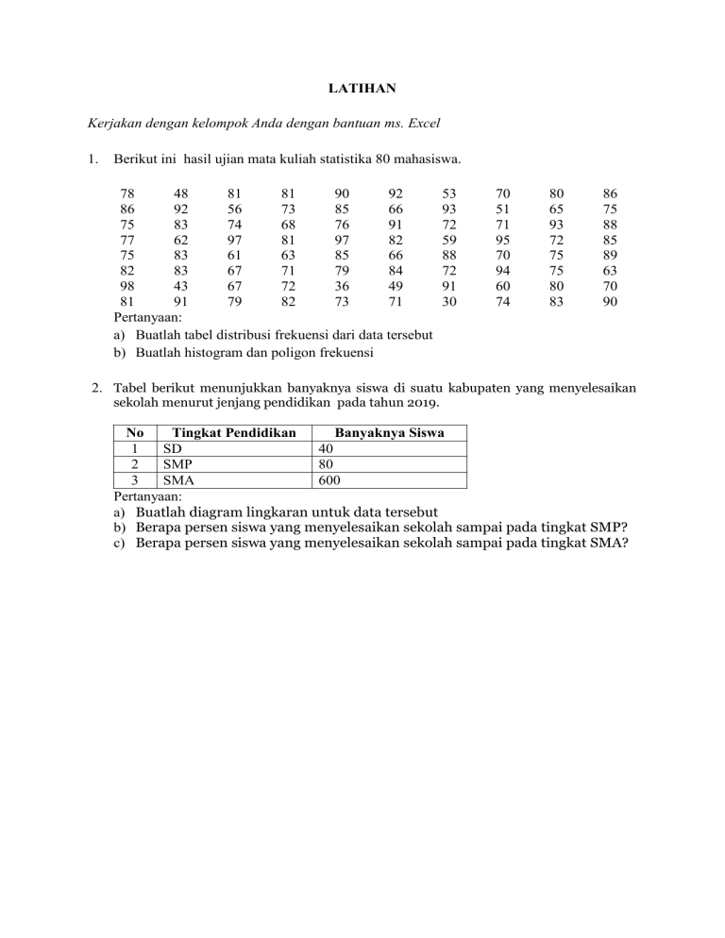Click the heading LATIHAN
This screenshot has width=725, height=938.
pyautogui.click(x=362, y=89)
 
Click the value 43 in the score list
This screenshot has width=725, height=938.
pyautogui.click(x=175, y=285)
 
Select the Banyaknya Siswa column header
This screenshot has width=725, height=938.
pyautogui.click(x=390, y=432)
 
